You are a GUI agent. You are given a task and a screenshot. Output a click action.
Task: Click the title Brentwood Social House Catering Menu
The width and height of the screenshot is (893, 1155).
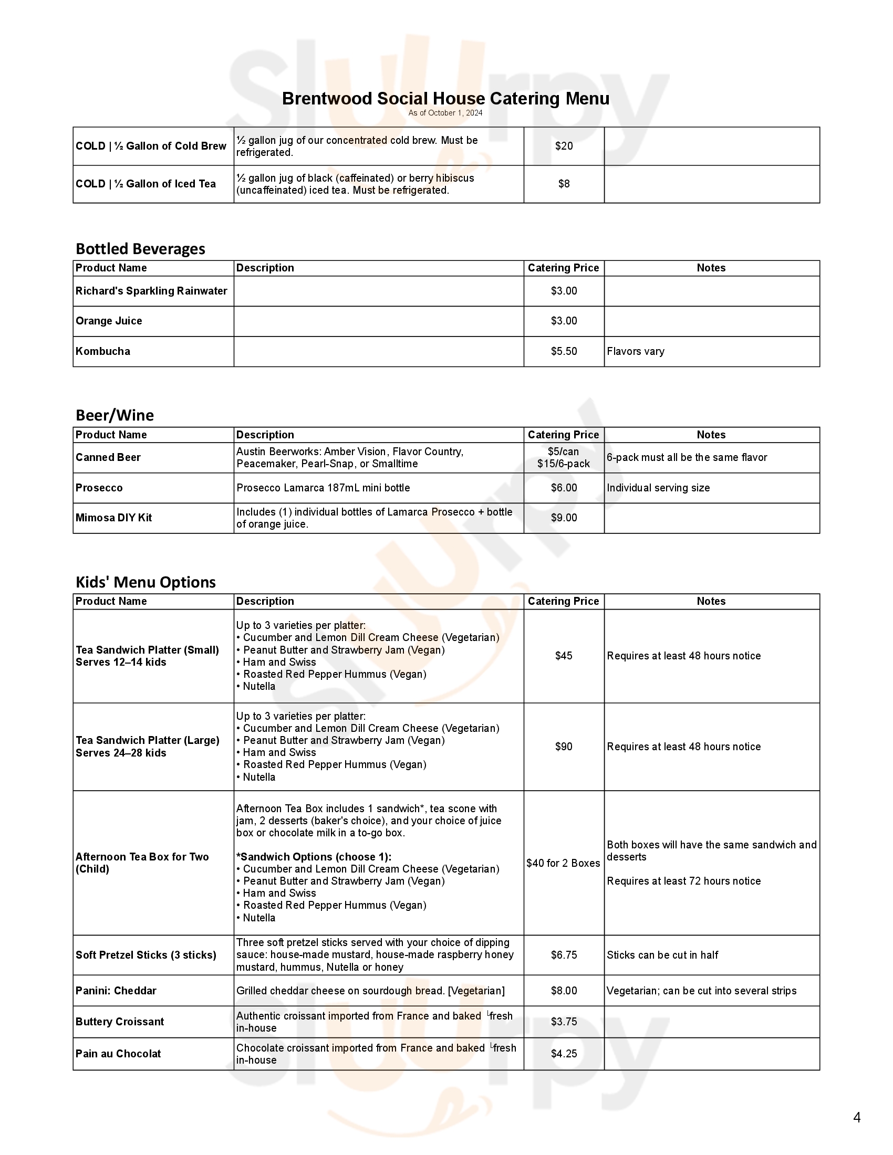(445, 99)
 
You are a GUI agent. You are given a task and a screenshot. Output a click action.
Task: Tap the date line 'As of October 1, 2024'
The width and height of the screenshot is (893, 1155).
(445, 113)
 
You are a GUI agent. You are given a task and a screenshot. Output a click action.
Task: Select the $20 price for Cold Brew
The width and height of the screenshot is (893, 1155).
(564, 146)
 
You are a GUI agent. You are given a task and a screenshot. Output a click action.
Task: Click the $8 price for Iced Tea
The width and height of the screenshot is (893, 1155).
(564, 184)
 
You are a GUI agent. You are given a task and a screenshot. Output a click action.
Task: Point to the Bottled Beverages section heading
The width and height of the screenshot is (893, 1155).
(140, 248)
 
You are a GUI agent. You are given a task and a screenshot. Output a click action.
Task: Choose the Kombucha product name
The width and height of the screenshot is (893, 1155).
(102, 351)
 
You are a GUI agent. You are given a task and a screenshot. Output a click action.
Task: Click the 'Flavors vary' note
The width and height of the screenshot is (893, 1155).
(636, 351)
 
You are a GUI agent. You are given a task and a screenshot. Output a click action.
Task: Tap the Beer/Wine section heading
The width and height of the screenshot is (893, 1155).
(115, 415)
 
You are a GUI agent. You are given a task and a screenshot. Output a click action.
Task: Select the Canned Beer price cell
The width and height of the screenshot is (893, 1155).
(564, 457)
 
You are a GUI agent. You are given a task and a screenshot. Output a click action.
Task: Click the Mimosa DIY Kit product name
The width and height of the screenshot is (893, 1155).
(114, 518)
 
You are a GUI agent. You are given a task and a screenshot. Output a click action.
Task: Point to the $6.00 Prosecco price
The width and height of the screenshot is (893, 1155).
(564, 488)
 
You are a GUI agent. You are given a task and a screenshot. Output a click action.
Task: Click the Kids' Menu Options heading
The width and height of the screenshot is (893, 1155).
(146, 582)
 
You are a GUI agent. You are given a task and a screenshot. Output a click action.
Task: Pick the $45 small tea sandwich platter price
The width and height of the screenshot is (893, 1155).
(564, 656)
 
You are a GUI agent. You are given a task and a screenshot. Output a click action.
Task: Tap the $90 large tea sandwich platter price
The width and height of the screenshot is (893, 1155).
(564, 747)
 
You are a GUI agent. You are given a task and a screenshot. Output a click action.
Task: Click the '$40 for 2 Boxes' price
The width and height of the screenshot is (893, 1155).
(563, 863)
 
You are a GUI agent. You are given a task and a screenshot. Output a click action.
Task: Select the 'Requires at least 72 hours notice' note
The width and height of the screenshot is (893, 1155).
(683, 881)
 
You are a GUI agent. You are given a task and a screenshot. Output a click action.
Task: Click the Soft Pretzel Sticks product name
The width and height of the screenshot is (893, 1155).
(146, 955)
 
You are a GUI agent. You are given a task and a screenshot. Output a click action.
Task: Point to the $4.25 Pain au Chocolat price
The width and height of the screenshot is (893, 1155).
(564, 1054)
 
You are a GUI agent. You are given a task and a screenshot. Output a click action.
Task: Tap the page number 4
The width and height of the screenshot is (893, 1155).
(857, 1117)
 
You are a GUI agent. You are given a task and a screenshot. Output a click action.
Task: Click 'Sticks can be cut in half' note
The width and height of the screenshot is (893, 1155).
(662, 955)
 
